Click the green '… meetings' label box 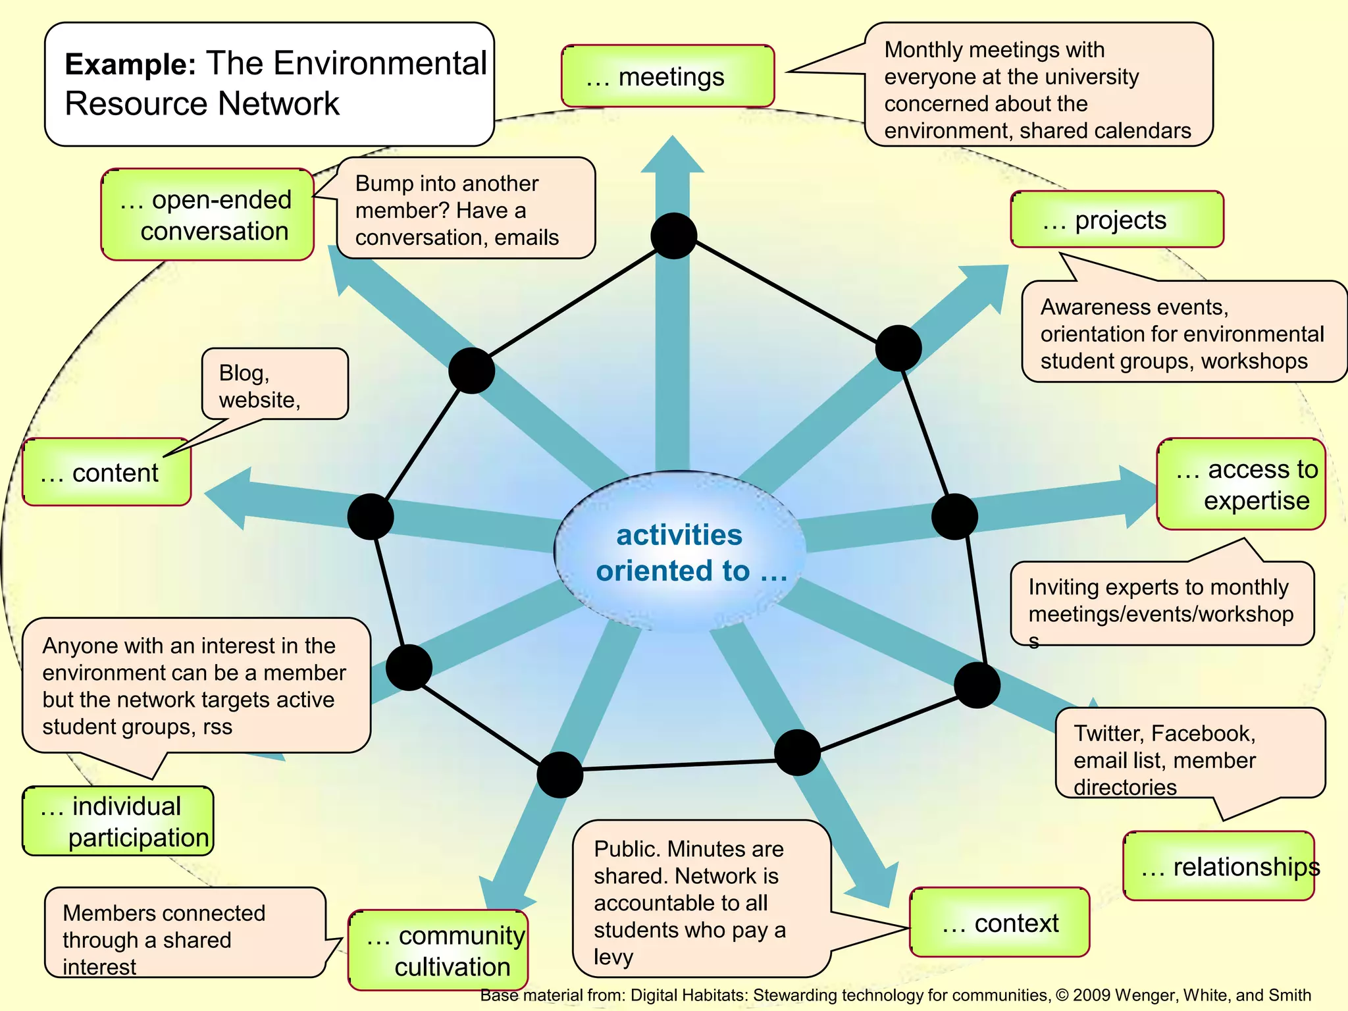667,76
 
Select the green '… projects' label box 1116,220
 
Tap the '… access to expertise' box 1241,484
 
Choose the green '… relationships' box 1218,866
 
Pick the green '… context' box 999,923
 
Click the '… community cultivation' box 438,950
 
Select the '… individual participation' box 118,821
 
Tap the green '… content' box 107,473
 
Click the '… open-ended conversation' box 207,215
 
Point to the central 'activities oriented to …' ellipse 679,552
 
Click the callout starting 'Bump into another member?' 465,209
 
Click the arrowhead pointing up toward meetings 673,155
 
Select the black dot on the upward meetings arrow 673,236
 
